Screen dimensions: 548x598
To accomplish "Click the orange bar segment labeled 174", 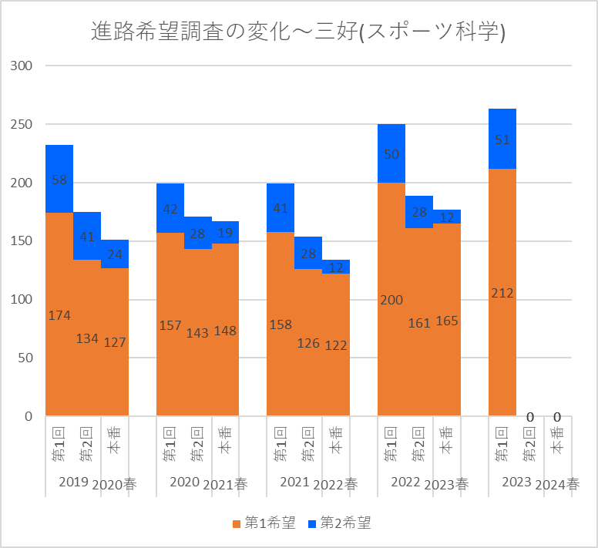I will [59, 314].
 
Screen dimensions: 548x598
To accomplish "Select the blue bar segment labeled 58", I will [59, 179].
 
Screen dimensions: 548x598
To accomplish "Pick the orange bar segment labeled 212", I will [502, 292].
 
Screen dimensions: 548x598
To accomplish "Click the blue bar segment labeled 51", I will [502, 140].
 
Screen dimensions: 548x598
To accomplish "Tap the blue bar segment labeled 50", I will [391, 153].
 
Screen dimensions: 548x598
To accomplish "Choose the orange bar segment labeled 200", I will [391, 299].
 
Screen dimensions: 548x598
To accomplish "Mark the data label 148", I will [225, 330].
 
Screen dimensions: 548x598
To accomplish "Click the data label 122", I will [336, 345].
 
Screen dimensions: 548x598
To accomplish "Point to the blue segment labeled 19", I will [225, 233].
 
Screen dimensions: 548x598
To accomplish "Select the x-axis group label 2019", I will [72, 482].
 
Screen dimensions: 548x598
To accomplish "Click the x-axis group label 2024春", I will [557, 484].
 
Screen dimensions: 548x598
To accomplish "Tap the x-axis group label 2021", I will [294, 482].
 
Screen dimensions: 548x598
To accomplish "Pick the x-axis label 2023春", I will [447, 484].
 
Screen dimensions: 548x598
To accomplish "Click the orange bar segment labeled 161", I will [419, 322].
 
